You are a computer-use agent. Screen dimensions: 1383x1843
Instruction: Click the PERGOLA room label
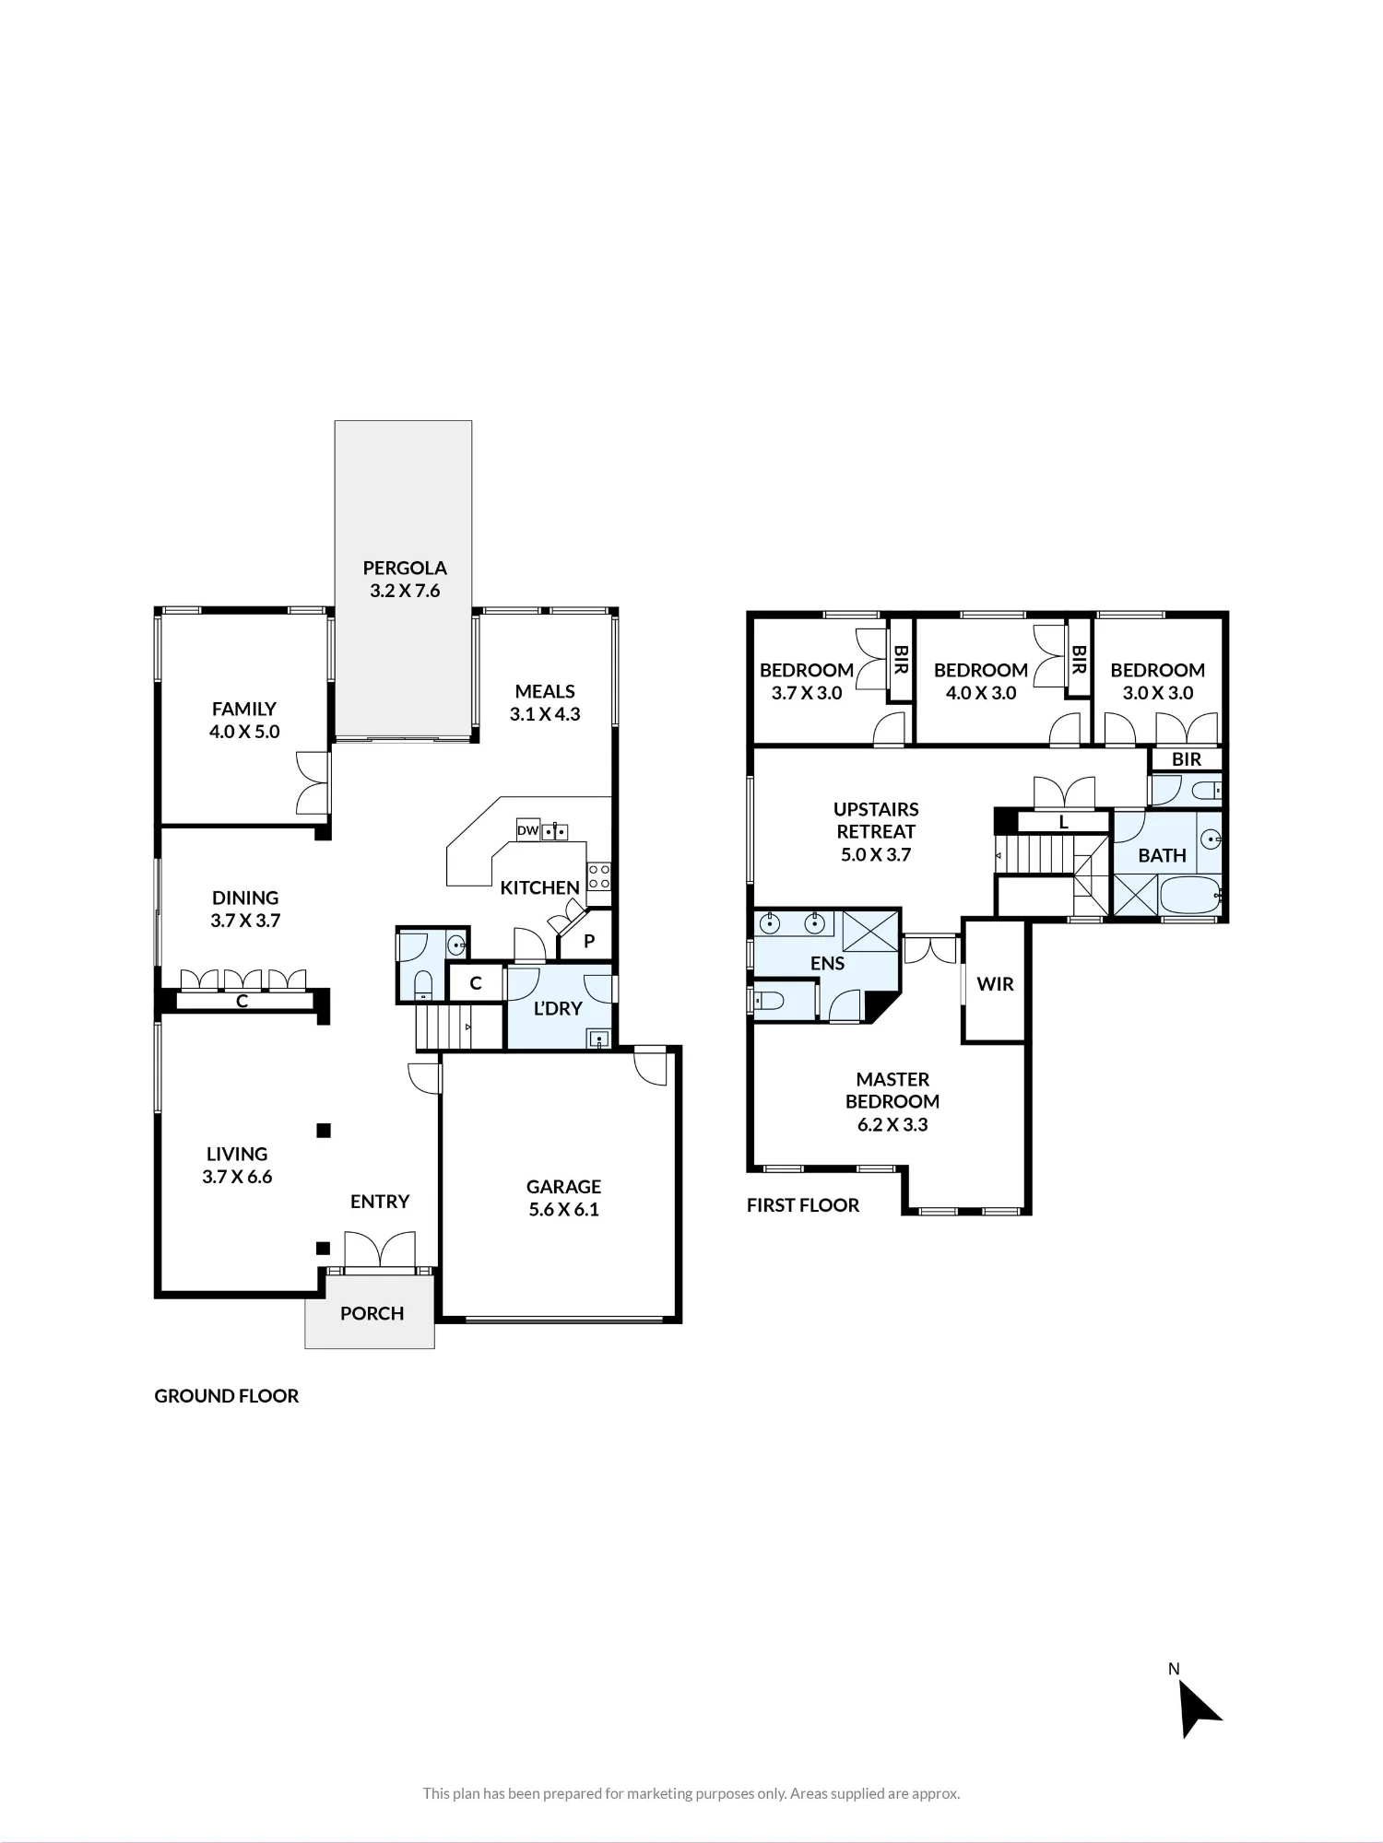(405, 568)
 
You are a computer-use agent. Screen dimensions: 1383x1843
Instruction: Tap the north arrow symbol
(1198, 1709)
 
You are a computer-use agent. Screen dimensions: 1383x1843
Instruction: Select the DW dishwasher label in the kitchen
(527, 830)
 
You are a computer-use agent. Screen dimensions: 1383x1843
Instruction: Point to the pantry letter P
(589, 941)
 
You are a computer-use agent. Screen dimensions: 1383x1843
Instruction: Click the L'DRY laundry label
(558, 1008)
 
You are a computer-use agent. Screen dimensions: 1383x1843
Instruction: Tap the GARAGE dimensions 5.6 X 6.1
(563, 1209)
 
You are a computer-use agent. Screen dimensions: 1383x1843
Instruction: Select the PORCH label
(372, 1313)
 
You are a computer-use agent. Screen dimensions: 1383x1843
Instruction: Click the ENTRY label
(380, 1201)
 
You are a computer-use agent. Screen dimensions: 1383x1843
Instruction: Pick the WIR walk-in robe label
(995, 983)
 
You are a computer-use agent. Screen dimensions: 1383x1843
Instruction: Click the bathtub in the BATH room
(1190, 895)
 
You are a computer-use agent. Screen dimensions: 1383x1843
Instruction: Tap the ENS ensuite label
(827, 963)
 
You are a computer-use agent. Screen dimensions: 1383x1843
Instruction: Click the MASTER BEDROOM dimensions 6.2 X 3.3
(892, 1124)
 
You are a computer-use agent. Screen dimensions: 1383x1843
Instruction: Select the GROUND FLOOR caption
(227, 1396)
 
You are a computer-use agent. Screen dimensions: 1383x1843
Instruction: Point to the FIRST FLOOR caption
(803, 1205)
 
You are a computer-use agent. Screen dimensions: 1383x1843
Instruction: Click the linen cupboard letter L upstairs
(1063, 822)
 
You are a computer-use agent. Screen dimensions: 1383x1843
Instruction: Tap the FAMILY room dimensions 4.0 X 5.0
(244, 732)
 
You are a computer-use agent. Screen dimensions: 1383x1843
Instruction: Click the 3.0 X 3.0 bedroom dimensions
(1158, 693)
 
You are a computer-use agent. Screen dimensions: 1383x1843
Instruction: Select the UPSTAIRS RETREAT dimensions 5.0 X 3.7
(876, 854)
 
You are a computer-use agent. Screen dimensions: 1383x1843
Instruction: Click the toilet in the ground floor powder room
(422, 984)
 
